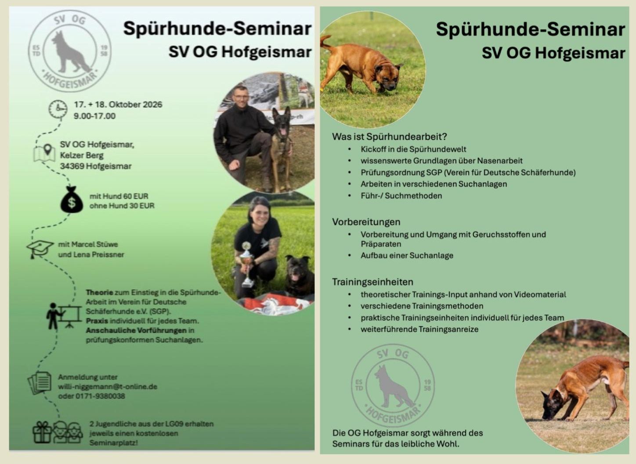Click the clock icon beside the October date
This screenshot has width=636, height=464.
point(58,109)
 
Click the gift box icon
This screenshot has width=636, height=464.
point(42,432)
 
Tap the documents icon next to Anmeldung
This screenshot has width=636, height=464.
point(40,383)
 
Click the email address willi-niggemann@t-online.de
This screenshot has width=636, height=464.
point(108,387)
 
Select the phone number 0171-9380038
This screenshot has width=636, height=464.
point(100,396)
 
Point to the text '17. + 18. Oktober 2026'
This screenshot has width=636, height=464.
point(118,105)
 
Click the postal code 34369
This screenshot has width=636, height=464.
point(72,166)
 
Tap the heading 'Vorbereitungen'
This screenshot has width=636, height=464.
point(366,222)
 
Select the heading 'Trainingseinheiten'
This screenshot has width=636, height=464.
point(372,282)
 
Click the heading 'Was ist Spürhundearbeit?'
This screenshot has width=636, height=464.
point(390,137)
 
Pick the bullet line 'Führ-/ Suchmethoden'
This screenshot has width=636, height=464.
point(401,196)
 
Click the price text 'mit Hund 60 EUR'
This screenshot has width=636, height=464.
point(119,196)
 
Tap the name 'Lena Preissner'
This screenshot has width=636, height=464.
point(99,254)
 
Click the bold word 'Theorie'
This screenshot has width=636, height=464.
point(99,293)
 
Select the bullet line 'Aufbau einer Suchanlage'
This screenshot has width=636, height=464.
point(407,255)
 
